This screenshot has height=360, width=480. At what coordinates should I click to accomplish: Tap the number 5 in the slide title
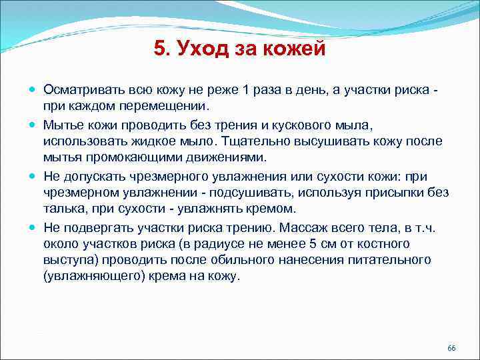tap(159, 49)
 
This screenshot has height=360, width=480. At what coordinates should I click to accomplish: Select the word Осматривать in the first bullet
tap(81, 90)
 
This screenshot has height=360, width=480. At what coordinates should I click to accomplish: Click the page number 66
tap(451, 349)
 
